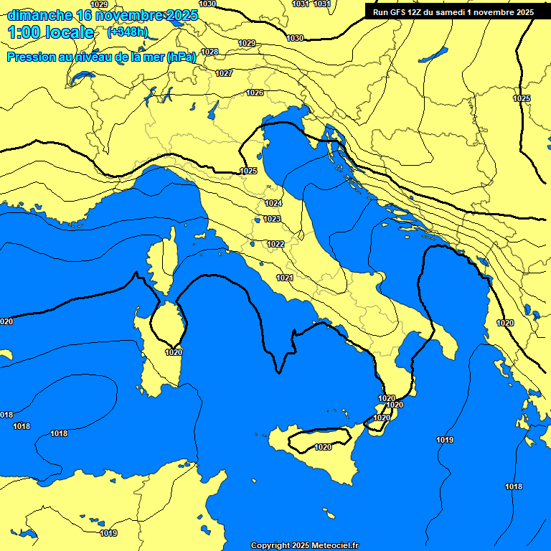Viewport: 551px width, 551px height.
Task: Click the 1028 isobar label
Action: pyautogui.click(x=209, y=52)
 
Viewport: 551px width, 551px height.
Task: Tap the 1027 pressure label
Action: pyautogui.click(x=224, y=73)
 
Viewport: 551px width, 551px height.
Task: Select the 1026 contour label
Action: pyautogui.click(x=255, y=93)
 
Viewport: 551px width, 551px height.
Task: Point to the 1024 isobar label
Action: pyautogui.click(x=273, y=204)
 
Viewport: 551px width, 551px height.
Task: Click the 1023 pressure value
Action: pyautogui.click(x=272, y=219)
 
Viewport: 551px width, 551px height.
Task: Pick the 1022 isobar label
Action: pyautogui.click(x=275, y=244)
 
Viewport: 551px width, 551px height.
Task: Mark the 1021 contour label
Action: pyautogui.click(x=285, y=278)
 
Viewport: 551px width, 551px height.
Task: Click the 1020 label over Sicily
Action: pyautogui.click(x=323, y=447)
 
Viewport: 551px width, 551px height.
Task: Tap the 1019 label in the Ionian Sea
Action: pyautogui.click(x=445, y=440)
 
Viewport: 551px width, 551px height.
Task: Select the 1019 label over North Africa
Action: pyautogui.click(x=108, y=533)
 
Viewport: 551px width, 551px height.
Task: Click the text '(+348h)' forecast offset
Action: pyautogui.click(x=127, y=32)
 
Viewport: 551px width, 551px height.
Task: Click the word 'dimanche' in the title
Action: pyautogui.click(x=39, y=15)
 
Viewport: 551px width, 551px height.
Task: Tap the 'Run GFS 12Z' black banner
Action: pyautogui.click(x=453, y=12)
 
